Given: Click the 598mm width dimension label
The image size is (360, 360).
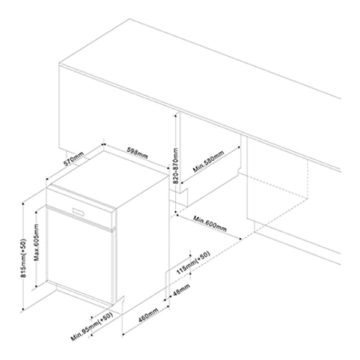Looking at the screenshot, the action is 137,152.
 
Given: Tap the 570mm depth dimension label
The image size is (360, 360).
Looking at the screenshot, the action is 73,158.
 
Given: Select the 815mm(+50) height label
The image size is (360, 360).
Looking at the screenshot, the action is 23,258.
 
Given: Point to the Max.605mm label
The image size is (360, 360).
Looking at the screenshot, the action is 37,242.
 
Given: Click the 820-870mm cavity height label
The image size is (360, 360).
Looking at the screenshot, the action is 175,166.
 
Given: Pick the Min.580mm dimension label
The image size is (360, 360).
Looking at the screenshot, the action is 208,161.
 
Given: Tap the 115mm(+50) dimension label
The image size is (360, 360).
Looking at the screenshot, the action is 193,262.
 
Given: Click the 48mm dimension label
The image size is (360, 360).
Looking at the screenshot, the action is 181,290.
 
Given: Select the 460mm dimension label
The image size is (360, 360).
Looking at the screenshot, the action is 149,316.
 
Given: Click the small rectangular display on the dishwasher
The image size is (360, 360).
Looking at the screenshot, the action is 78,211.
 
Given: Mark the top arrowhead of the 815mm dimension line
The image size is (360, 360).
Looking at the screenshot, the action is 23,204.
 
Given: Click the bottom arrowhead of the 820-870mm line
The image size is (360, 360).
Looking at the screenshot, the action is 176,212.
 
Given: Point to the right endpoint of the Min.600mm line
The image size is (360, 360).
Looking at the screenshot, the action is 241,239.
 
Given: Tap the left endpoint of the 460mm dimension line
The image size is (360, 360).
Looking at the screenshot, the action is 123,334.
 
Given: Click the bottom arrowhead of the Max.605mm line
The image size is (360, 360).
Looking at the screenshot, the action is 37,286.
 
